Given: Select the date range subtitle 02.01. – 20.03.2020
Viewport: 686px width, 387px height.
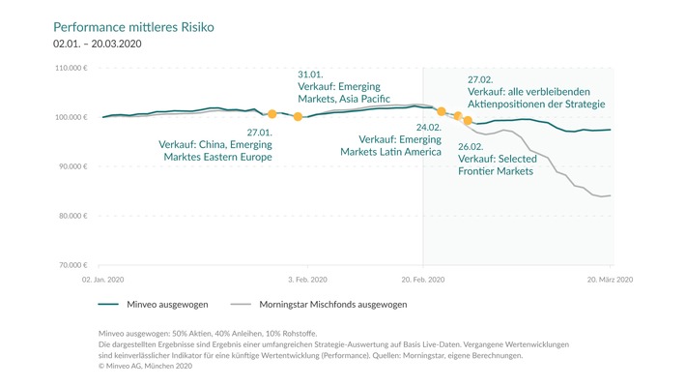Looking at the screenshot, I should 100,45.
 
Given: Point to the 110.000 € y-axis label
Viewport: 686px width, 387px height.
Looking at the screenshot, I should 71,69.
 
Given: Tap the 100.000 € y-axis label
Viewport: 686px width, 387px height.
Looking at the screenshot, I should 71,117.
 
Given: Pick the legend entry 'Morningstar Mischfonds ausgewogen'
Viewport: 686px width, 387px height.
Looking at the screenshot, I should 326,304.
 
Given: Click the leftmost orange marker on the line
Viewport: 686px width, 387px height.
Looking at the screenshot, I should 272,114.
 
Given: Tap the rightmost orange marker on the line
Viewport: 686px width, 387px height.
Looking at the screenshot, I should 468,121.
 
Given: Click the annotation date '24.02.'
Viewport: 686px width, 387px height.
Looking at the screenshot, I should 428,127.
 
